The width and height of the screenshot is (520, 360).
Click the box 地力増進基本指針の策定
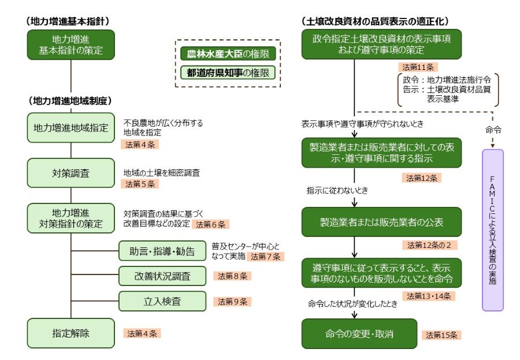[x=70, y=45]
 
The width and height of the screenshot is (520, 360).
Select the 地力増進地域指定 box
[x=70, y=128]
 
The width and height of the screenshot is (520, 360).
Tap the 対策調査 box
[x=70, y=173]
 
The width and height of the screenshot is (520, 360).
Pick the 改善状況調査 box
[x=162, y=276]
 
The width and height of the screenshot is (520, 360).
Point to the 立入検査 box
[x=162, y=301]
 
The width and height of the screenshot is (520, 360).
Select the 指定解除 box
[x=70, y=333]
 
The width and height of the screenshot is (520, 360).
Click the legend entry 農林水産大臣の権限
[x=227, y=54]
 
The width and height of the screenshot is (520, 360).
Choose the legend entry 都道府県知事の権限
[x=227, y=73]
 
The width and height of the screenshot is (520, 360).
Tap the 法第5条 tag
[x=140, y=184]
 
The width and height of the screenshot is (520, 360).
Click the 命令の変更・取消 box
[x=359, y=333]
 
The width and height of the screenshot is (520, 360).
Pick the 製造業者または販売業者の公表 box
[x=359, y=222]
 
